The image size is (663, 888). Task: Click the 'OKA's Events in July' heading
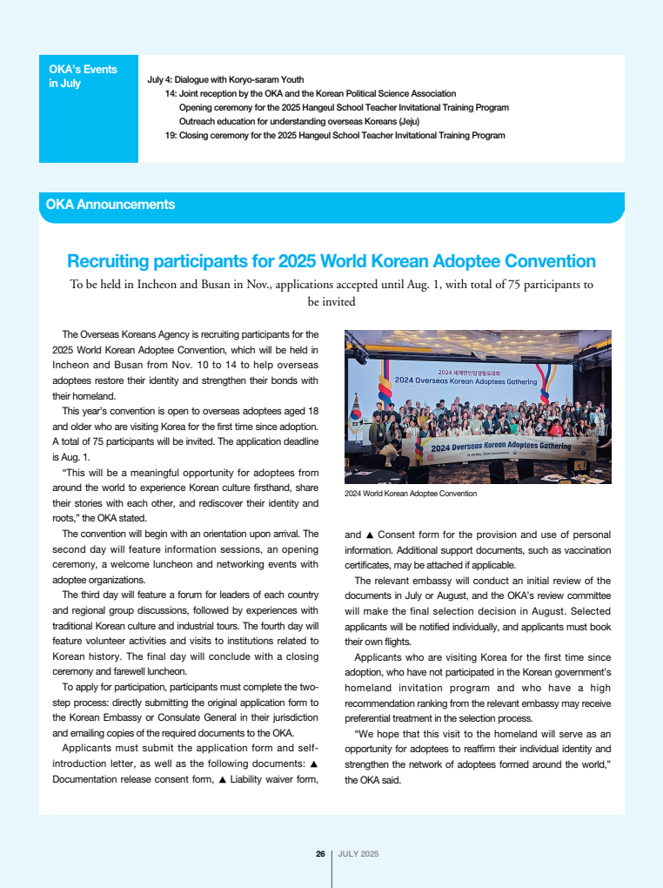pyautogui.click(x=83, y=76)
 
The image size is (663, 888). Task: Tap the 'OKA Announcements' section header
pyautogui.click(x=110, y=205)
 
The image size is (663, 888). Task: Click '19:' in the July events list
pyautogui.click(x=171, y=136)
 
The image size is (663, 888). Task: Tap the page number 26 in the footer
pyautogui.click(x=320, y=854)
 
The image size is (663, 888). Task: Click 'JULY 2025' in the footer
pyautogui.click(x=358, y=854)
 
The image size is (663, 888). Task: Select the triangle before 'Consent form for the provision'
pyautogui.click(x=370, y=535)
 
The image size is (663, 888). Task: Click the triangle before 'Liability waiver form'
pyautogui.click(x=223, y=779)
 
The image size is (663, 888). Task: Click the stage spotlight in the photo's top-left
pyautogui.click(x=358, y=355)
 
